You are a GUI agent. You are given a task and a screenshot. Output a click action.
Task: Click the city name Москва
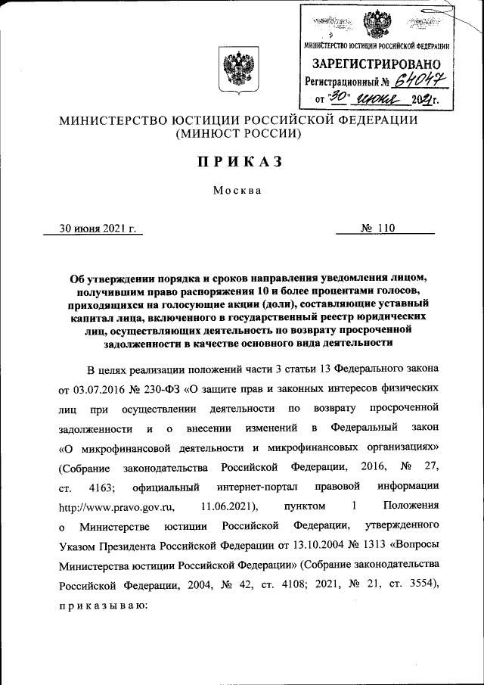coord(237,190)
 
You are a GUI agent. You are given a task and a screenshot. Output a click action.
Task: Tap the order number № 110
coord(378,227)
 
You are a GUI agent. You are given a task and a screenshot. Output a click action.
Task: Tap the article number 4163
coord(101,485)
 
